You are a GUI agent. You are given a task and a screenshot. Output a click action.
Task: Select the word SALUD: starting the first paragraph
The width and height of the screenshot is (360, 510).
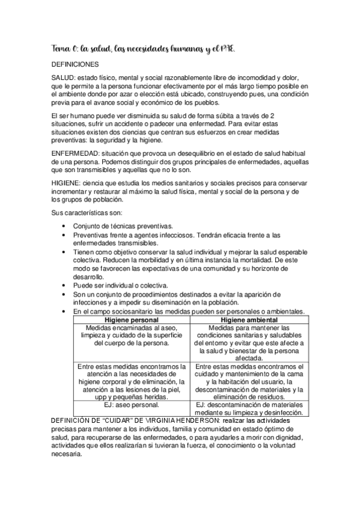(x=64, y=79)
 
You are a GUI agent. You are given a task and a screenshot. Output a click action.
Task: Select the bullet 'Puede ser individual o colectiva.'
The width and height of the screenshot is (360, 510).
(x=120, y=285)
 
